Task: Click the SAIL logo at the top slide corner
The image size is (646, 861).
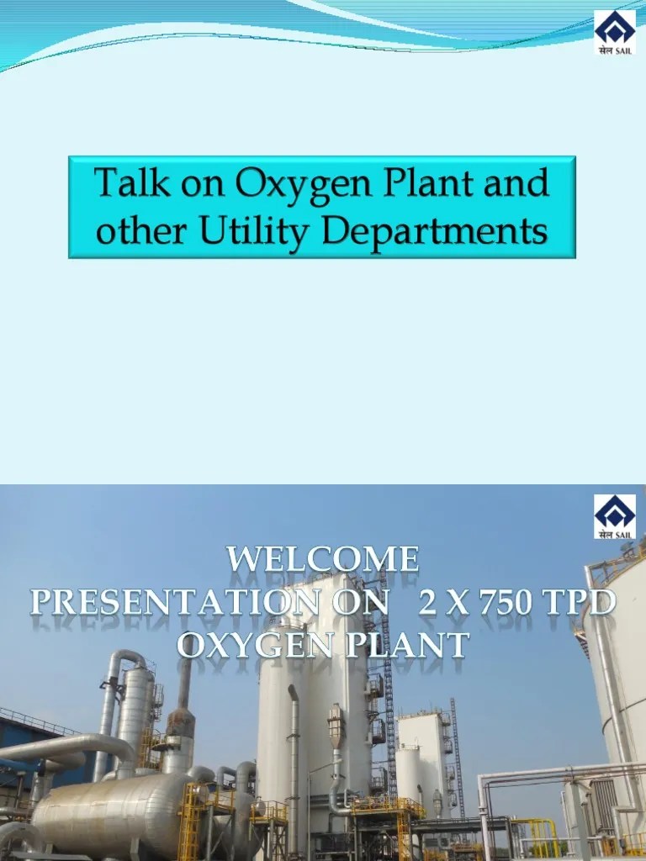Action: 614,32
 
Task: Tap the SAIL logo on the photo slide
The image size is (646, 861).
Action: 614,516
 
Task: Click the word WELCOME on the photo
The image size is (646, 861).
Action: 323,559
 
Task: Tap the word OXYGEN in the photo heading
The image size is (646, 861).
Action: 244,646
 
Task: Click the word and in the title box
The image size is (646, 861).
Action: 516,182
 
